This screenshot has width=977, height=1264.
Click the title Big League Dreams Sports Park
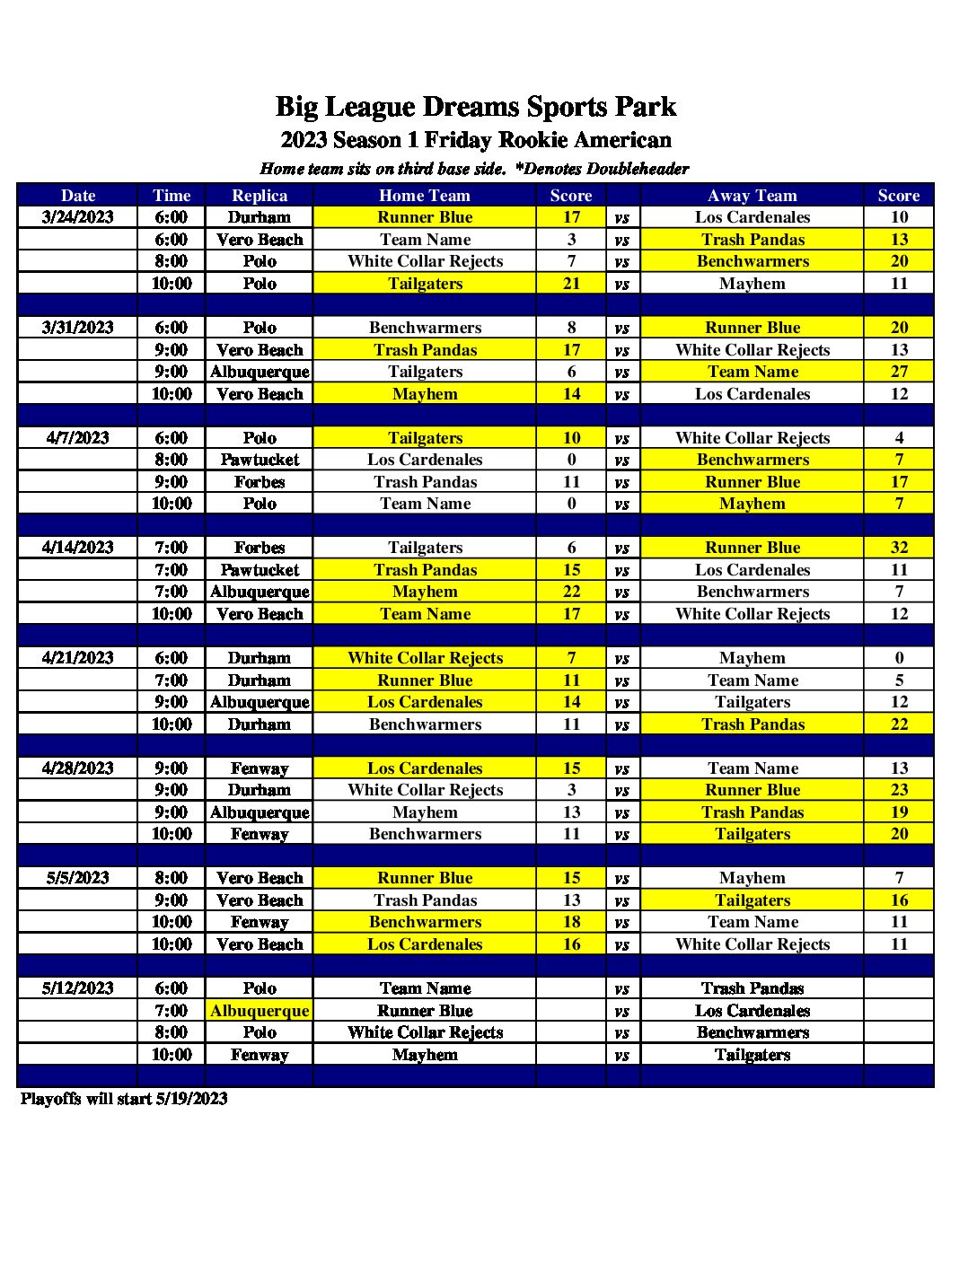[x=475, y=107]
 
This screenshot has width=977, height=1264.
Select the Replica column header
[x=260, y=195]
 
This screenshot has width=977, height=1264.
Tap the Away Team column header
[x=752, y=195]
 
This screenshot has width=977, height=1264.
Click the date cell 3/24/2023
[x=78, y=217]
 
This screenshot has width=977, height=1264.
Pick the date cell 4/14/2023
[x=78, y=548]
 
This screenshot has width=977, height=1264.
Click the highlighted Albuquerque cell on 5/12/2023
[x=260, y=1011]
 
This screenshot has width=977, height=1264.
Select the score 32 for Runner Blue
[x=899, y=548]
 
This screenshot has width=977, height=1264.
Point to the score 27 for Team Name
[x=899, y=372]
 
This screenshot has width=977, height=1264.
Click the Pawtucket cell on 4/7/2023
[x=260, y=460]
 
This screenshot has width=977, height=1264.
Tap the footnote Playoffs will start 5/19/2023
[x=124, y=1099]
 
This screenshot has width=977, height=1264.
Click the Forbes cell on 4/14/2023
[x=260, y=548]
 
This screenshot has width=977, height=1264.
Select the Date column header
[x=78, y=195]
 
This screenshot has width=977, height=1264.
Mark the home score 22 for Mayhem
[x=571, y=592]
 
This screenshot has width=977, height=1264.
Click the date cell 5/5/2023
[x=78, y=878]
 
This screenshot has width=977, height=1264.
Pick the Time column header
[x=172, y=195]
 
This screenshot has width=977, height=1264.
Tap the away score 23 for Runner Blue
[x=899, y=790]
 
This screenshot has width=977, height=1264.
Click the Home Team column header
[x=425, y=195]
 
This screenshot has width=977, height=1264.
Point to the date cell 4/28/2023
[x=78, y=768]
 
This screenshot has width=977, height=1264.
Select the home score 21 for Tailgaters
[x=571, y=284]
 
